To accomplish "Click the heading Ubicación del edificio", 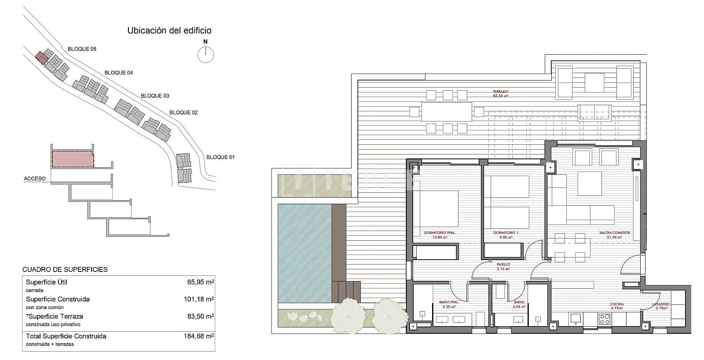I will pyautogui.click(x=169, y=30).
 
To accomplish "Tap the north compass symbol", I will pyautogui.click(x=205, y=55).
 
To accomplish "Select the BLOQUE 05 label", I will pyautogui.click(x=82, y=49).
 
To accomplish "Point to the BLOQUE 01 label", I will pyautogui.click(x=220, y=157).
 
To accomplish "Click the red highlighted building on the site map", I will pyautogui.click(x=41, y=58).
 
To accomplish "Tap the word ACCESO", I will pyautogui.click(x=35, y=179).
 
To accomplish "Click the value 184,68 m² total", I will pyautogui.click(x=198, y=336).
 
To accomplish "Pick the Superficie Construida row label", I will pyautogui.click(x=58, y=299).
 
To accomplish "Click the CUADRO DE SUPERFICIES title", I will pyautogui.click(x=65, y=269).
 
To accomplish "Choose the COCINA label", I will pyautogui.click(x=616, y=304).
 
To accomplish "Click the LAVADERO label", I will pyautogui.click(x=661, y=304).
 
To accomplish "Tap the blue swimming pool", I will pyautogui.click(x=304, y=253).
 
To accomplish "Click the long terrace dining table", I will pyautogui.click(x=447, y=112).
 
